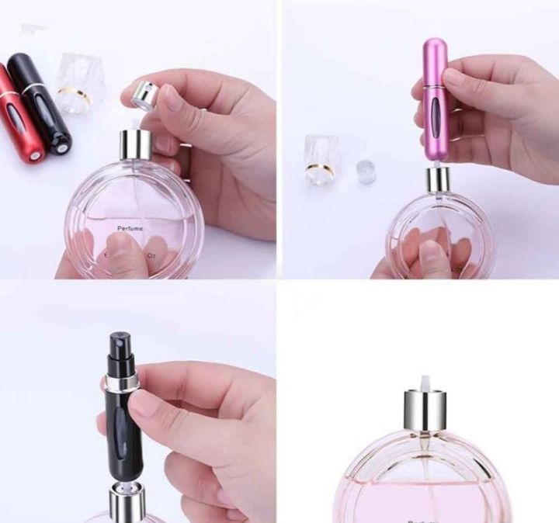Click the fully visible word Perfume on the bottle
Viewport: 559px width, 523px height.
(132, 228)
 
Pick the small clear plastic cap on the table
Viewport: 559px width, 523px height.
(364, 171)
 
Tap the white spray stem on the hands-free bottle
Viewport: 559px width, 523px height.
(425, 383)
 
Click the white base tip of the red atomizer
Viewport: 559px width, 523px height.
(34, 157)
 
